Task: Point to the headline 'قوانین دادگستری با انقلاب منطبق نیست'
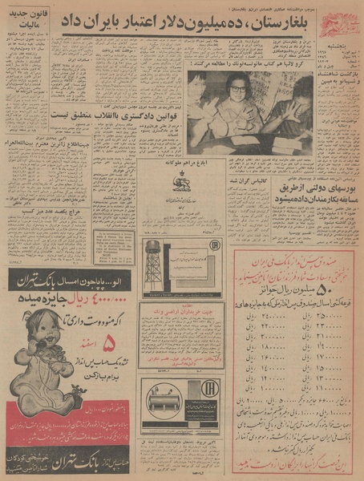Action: tap(94, 114)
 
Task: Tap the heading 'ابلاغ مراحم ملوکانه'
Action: tap(184, 166)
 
